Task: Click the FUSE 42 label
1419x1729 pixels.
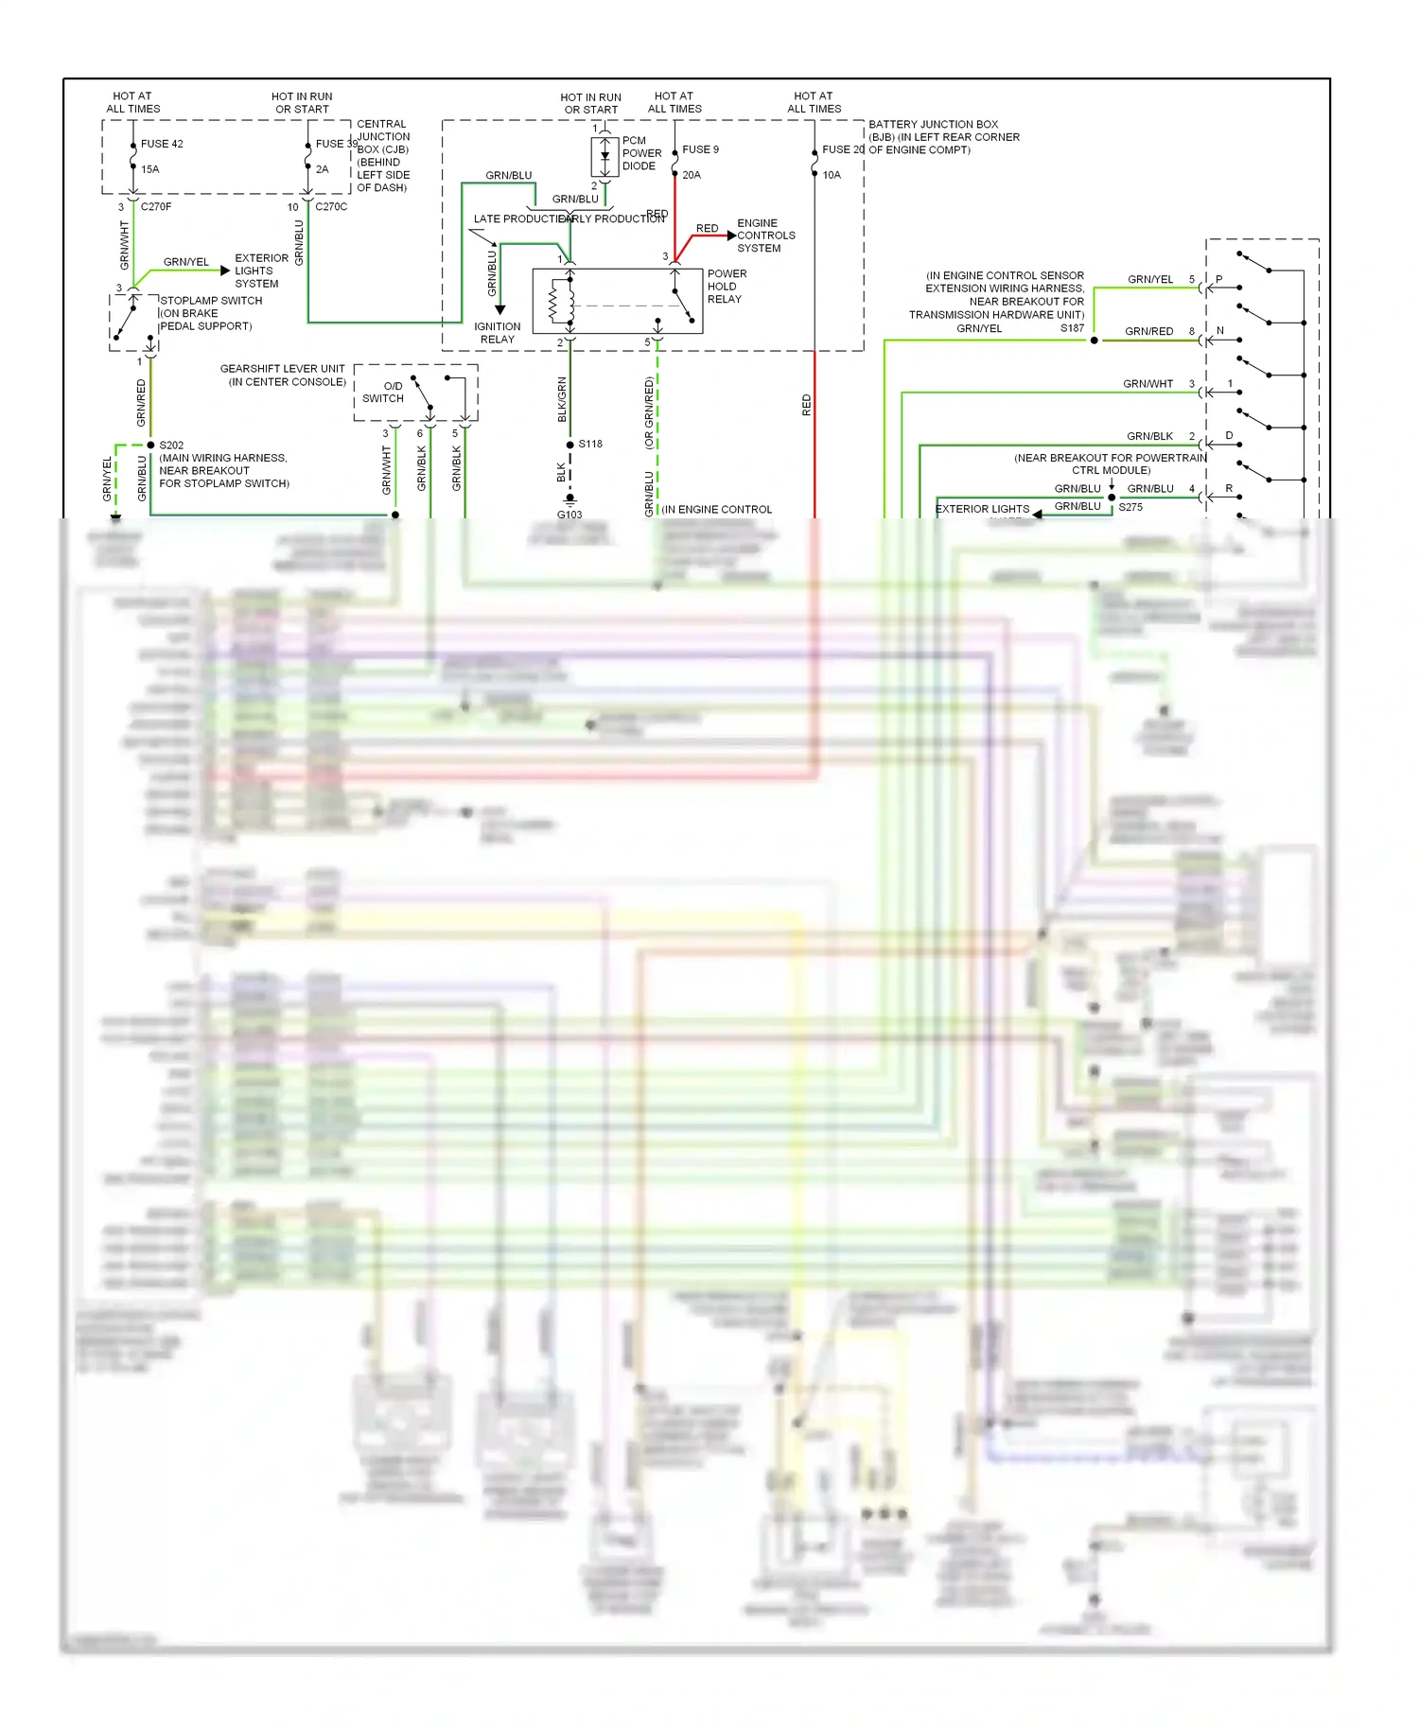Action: point(162,144)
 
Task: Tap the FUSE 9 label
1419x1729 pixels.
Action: point(700,149)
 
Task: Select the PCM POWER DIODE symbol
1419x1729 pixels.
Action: point(604,155)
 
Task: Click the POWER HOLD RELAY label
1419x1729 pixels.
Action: point(726,287)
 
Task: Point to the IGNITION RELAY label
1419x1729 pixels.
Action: point(498,333)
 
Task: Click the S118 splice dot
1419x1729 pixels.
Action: point(569,445)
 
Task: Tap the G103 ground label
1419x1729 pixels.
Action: point(569,515)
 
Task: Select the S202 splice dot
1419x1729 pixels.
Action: point(150,445)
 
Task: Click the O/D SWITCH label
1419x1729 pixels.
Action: point(383,393)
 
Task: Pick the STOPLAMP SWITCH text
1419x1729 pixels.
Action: point(211,301)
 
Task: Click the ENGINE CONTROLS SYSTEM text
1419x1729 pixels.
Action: point(765,236)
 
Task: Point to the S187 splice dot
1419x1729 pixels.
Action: point(1095,341)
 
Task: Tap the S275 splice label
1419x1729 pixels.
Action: point(1130,507)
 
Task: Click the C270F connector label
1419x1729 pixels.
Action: point(156,206)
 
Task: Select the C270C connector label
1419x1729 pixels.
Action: point(331,206)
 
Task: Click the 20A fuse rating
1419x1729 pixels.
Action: point(692,175)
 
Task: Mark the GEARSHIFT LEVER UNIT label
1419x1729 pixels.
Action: point(283,369)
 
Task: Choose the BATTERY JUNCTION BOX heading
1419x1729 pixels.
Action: point(934,124)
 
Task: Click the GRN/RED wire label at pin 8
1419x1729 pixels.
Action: point(1148,331)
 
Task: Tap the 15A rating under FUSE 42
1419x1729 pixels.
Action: point(150,169)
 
